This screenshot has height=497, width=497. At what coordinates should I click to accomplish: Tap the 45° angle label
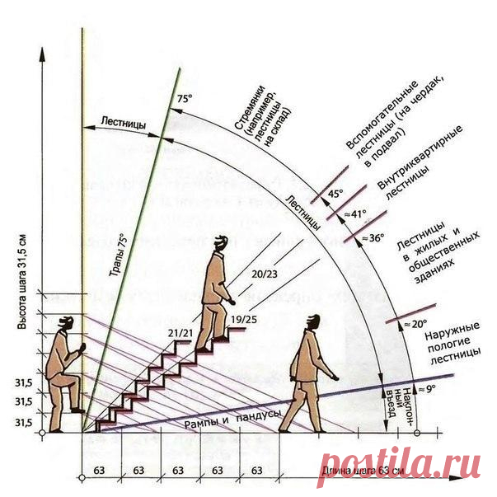tap(335, 195)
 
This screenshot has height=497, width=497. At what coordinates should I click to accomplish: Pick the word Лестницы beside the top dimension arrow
tap(124, 121)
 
